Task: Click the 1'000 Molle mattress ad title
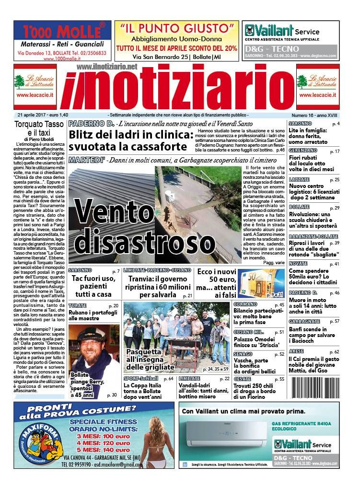(62, 32)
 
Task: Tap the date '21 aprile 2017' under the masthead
(43, 115)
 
